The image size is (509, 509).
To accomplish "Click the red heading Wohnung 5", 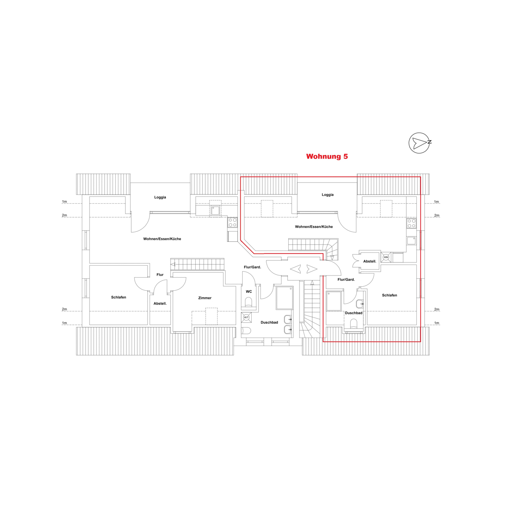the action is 327,156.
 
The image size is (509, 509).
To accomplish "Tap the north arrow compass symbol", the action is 420,143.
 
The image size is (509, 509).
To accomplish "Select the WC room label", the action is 249,291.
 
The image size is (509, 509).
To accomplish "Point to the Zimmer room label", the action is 205,298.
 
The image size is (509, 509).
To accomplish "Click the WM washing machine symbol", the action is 386,257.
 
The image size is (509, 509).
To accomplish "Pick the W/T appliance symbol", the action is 246,317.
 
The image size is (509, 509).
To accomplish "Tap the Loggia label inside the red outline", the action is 328,195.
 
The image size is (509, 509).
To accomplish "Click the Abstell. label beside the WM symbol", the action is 369,261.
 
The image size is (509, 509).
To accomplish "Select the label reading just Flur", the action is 160,275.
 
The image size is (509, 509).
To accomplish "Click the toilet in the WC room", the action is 249,302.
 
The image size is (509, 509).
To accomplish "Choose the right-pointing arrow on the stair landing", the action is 312,269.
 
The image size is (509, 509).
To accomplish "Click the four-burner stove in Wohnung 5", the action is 411,223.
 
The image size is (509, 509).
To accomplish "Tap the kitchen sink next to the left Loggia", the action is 215,210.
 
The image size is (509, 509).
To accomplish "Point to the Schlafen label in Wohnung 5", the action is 389,295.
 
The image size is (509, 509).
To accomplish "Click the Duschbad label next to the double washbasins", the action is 269,322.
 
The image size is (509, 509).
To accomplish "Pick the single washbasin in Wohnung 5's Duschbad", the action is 360,304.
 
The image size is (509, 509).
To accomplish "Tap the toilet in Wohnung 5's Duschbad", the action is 353,324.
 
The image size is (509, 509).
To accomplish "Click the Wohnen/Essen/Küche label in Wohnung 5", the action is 314,227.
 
